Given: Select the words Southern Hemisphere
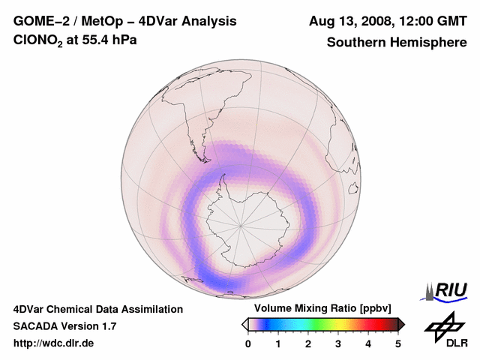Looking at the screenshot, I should (397, 43).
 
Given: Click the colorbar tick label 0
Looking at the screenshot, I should (248, 343).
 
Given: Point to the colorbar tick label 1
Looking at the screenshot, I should (278, 343).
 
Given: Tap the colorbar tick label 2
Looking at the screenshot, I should (308, 343).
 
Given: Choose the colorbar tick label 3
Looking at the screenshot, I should (338, 343).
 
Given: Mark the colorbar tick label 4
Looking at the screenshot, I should (368, 343).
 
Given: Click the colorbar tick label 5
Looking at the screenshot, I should (398, 343).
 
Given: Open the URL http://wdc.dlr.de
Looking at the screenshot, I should (54, 343).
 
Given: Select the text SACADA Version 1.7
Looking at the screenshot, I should (64, 326).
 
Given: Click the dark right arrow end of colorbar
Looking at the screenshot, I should (401, 324).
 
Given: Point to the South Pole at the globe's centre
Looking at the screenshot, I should (241, 224).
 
